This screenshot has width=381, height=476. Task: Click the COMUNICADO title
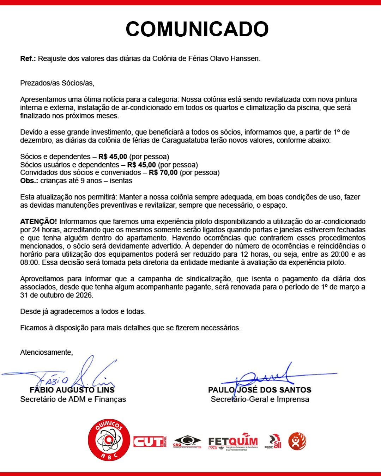point(197,29)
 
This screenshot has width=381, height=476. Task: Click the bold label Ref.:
point(28,59)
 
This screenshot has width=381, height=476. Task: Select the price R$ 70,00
point(163,173)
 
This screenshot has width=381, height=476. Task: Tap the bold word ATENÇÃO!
point(38,221)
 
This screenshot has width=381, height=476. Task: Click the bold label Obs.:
point(29,181)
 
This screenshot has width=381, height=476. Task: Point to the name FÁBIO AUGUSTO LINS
point(72,390)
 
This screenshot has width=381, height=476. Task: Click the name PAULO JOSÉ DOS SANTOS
point(260,390)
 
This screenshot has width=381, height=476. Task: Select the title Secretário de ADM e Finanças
point(73,399)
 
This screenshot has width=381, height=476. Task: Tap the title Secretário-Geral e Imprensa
point(260,399)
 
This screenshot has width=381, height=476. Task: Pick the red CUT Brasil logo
point(149,441)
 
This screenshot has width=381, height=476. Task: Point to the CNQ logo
point(187,441)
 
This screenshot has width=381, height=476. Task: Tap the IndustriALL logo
point(273,442)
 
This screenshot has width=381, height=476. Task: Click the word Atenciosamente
point(46,352)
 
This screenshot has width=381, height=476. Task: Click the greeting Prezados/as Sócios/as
point(57,83)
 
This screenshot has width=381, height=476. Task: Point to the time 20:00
point(339,254)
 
